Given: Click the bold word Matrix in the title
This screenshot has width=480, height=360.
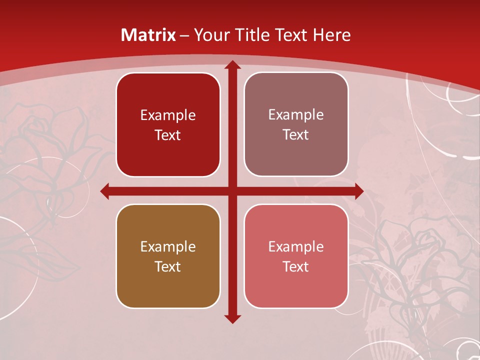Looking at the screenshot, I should tap(148, 35).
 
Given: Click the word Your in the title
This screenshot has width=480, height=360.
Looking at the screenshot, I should tap(209, 35).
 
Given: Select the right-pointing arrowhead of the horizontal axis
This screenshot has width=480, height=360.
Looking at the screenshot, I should tap(358, 191).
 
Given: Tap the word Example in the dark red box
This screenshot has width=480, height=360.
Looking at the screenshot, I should tap(168, 115).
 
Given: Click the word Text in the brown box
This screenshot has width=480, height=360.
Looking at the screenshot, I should tap(168, 266).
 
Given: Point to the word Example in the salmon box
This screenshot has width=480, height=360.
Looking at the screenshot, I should tap(296, 246).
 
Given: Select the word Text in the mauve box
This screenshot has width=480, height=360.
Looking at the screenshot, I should tap(296, 135).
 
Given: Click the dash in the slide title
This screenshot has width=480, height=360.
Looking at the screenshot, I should tap(184, 35).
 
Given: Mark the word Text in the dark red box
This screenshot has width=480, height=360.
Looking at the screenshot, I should tap(168, 135).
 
